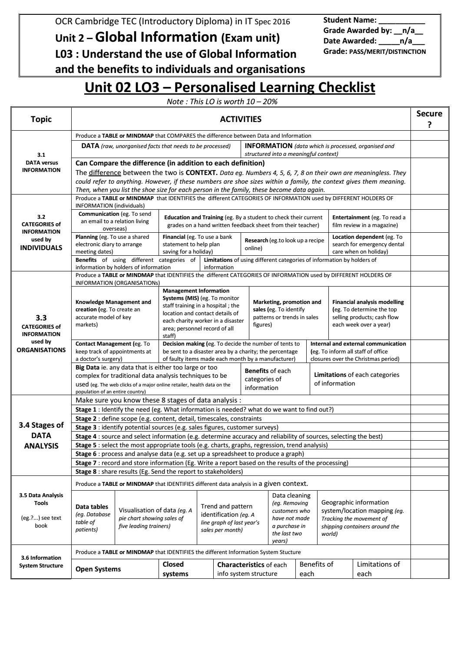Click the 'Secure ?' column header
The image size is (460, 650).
(x=429, y=119)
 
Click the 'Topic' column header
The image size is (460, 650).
(x=41, y=119)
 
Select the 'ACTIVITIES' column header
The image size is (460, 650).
(x=241, y=119)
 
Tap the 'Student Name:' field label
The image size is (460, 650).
(x=350, y=20)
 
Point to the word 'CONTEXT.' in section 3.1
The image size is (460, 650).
(x=202, y=172)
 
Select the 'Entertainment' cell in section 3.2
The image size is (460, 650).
(x=369, y=221)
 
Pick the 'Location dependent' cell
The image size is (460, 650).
(x=369, y=244)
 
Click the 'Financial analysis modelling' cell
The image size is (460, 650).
(x=369, y=313)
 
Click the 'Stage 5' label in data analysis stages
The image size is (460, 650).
(x=86, y=445)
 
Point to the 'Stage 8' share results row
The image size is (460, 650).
(x=159, y=471)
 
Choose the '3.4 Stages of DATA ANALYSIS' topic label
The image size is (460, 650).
(x=41, y=436)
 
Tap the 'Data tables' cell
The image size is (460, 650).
(x=93, y=518)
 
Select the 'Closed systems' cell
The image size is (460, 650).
(x=185, y=569)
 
